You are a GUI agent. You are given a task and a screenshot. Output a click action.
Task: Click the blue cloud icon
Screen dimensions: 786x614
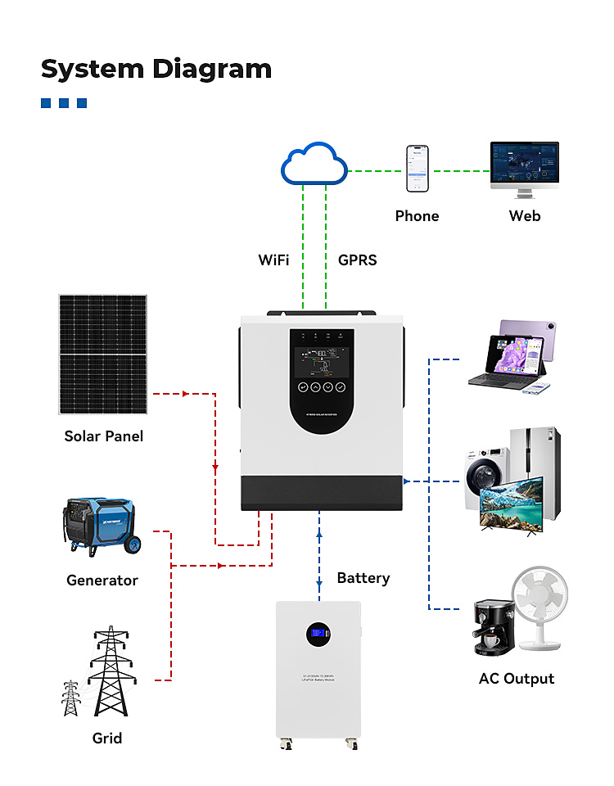314,166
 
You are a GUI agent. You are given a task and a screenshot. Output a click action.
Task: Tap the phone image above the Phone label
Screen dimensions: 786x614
417,169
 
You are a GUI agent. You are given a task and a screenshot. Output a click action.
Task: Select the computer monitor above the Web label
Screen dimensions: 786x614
524,166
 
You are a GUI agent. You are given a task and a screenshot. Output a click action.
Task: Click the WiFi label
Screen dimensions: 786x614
273,260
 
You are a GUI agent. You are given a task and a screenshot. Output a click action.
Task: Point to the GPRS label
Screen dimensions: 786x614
358,260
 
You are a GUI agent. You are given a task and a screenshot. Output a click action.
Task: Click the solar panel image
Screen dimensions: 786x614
103,355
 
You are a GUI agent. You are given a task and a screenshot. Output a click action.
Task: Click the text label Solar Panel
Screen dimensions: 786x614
104,436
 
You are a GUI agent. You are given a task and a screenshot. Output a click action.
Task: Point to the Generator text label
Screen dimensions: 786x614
102,580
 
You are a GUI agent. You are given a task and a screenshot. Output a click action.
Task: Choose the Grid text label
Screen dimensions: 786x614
107,739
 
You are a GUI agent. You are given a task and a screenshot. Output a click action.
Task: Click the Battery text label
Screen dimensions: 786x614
363,578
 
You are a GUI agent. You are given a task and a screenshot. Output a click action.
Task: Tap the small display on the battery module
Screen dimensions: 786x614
318,633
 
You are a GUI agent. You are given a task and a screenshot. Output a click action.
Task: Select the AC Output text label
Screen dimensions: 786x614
516,679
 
